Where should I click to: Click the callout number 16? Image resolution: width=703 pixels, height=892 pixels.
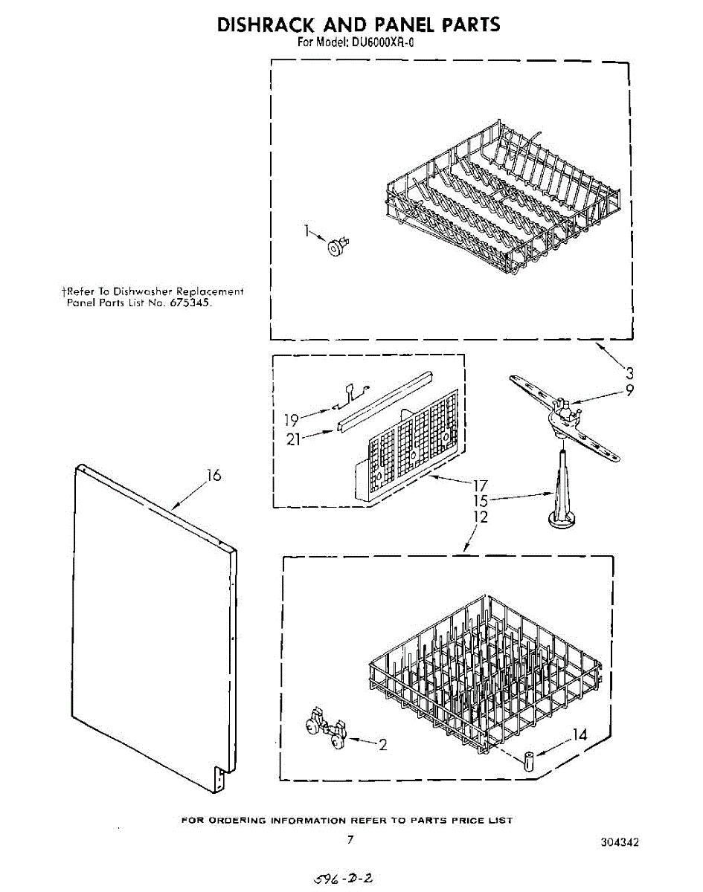[214, 476]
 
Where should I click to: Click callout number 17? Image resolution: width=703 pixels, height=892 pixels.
[481, 486]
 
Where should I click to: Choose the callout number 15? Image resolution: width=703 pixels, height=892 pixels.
[481, 502]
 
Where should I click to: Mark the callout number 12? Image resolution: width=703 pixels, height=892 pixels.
[481, 517]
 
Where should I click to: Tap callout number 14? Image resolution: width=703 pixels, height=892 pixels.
[580, 735]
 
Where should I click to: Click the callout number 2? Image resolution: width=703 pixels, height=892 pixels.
[382, 745]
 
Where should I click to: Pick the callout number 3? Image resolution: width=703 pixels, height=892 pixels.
[629, 372]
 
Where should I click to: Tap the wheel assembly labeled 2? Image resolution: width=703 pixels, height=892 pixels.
[326, 730]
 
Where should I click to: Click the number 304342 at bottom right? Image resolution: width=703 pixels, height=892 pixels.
[620, 842]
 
